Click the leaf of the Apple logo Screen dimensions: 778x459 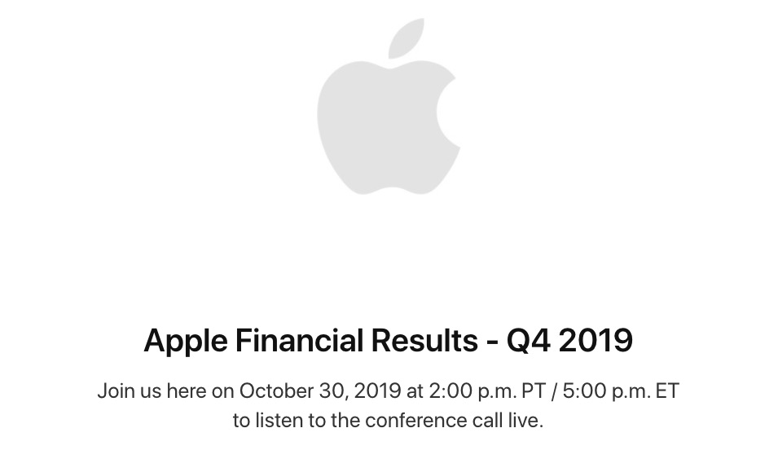406,39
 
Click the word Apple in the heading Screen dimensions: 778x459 186,342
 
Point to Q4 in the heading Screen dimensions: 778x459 528,341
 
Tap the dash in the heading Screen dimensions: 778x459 492,342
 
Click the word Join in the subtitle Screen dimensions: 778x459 116,391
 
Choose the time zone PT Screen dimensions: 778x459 534,391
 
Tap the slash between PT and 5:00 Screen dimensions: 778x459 555,391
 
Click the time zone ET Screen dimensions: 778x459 667,391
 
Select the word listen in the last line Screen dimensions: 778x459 279,421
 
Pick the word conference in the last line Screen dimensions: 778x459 415,421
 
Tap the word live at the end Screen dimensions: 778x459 525,421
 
